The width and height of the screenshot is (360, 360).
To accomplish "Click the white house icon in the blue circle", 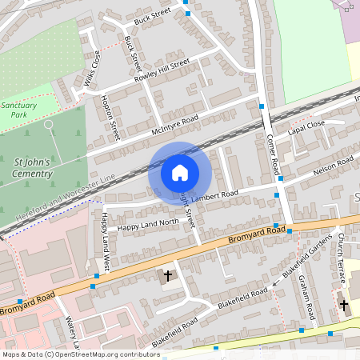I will click(180, 173).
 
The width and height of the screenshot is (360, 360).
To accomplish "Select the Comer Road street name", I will click(271, 155).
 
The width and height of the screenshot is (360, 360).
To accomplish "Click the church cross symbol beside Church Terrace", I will click(344, 306).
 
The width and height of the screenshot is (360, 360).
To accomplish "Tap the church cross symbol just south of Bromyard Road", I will click(168, 276).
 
